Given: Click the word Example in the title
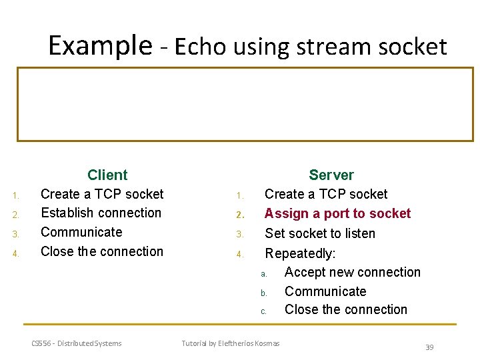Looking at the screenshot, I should [100, 45].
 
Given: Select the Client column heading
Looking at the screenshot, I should [107, 175].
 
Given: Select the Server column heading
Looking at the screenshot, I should [331, 175].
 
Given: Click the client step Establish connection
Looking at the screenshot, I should [101, 213].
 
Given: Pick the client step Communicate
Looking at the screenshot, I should [81, 232].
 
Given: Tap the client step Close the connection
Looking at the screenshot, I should [101, 251].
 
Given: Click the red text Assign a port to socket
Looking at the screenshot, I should [337, 213].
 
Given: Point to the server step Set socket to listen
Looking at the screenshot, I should [320, 233].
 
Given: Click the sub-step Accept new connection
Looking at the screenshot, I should [352, 272].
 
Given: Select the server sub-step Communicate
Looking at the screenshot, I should [325, 291].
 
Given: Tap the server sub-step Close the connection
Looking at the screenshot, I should [345, 309].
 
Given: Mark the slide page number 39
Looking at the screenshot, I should [429, 347].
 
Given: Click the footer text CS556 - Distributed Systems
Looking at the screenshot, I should [77, 343].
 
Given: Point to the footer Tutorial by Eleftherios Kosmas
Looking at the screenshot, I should [231, 343].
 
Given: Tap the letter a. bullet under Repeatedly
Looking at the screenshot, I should [264, 274].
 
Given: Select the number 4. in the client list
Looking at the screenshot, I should [17, 253].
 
